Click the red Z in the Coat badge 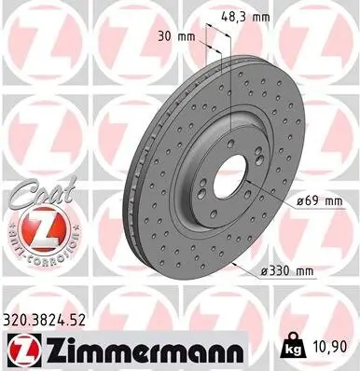(35, 225)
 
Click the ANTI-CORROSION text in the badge (35, 246)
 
